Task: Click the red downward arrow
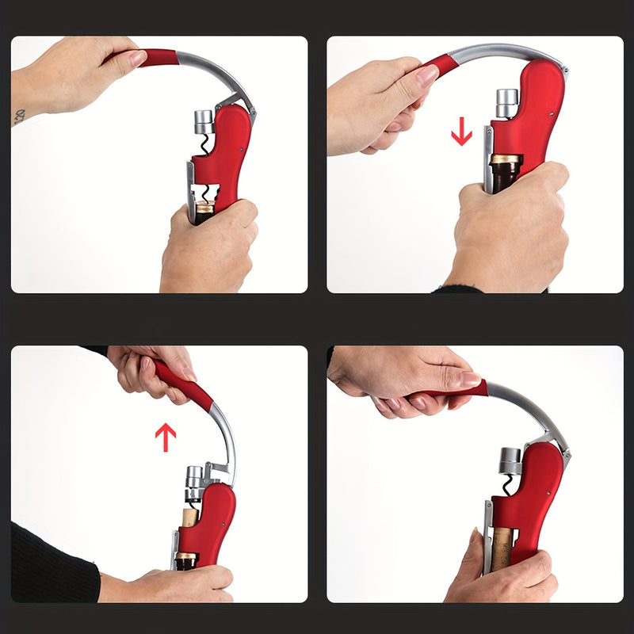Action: tap(461, 131)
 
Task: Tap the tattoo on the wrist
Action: tap(19, 116)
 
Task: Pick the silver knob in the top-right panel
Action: tap(507, 101)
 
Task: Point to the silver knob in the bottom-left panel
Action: tap(194, 478)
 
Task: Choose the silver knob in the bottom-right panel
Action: tap(511, 460)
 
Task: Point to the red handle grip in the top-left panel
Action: tap(160, 57)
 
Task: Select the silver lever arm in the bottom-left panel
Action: tap(224, 436)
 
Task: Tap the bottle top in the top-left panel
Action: tap(205, 210)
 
